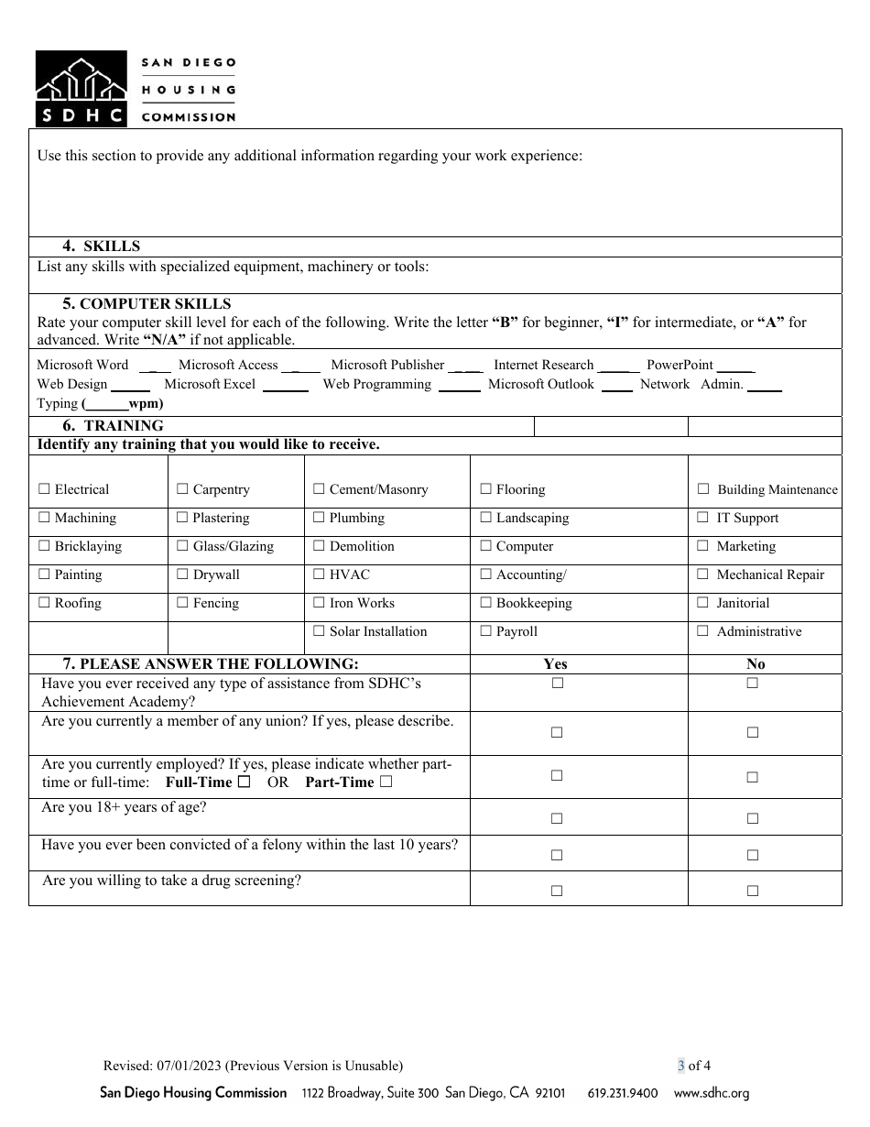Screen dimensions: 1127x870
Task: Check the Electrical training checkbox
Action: point(44,490)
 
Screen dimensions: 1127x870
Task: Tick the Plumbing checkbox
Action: point(319,519)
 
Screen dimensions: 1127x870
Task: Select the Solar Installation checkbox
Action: point(319,632)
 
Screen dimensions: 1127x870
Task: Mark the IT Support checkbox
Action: point(703,519)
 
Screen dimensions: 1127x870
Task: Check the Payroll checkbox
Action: point(485,632)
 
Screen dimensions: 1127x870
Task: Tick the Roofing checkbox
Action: point(44,604)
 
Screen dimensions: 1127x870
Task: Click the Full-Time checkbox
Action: point(244,782)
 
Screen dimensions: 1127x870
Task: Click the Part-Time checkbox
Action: point(386,782)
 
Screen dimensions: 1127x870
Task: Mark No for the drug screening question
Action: point(753,891)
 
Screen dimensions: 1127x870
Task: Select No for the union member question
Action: point(753,733)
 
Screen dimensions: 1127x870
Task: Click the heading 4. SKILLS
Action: point(101,246)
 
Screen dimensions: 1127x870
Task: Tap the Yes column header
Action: point(555,664)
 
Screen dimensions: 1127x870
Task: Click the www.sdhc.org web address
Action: point(712,1093)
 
